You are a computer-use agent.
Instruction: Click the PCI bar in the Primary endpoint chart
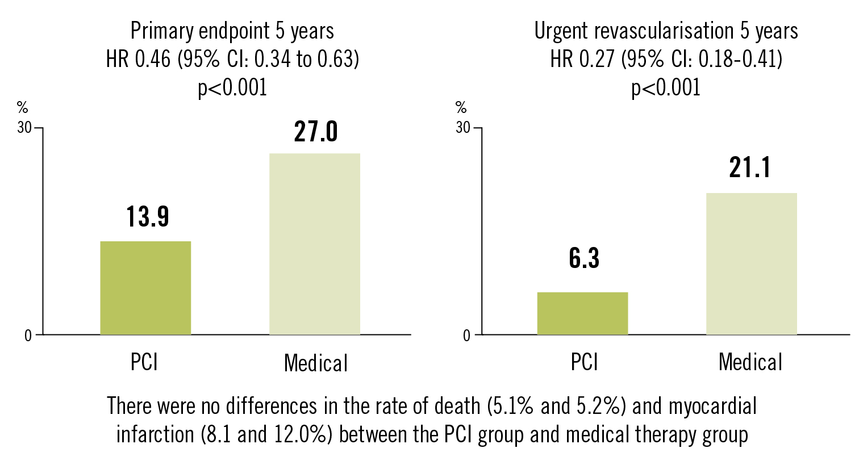coord(145,288)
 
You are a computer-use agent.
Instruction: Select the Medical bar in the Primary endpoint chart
coord(314,244)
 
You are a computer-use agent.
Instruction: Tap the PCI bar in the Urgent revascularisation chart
coord(582,313)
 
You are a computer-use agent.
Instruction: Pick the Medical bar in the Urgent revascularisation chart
coord(751,264)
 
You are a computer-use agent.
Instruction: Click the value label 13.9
coord(148,217)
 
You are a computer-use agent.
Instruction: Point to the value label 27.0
coord(316,132)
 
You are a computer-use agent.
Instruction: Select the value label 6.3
coord(584,258)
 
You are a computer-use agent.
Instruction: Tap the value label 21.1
coord(750,168)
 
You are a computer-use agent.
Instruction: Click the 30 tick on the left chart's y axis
coord(24,128)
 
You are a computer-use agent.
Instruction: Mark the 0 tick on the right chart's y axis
coord(466,336)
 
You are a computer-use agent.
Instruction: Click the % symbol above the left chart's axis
coord(22,108)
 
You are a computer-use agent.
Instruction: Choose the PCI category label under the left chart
coord(144,362)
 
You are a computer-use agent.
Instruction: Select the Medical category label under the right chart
coord(750,362)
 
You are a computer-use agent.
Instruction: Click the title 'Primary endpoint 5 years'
coord(232,31)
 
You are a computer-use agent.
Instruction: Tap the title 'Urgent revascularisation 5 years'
coord(666,31)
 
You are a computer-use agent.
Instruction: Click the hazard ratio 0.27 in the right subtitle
coord(596,59)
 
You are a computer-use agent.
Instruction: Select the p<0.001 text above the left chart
coord(232,87)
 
